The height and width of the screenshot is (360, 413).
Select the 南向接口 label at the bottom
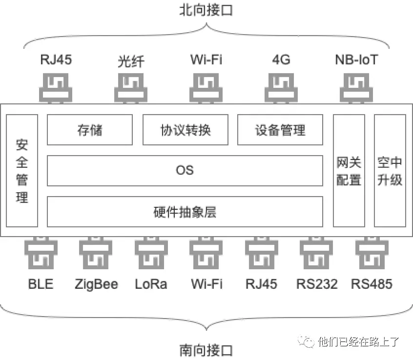[206, 350]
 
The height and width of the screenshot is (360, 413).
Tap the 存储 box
[90, 130]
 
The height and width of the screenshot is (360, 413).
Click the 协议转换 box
[185, 130]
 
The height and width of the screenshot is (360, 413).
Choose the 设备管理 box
[280, 130]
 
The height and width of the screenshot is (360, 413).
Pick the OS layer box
[185, 170]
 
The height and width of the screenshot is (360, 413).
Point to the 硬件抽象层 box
[185, 212]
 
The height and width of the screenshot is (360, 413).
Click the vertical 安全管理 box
[22, 171]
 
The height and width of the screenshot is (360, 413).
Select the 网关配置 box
[349, 171]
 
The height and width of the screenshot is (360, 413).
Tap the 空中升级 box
[390, 171]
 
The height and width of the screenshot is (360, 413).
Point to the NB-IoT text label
[356, 60]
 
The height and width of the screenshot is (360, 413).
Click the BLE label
[41, 284]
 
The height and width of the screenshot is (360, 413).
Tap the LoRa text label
[151, 284]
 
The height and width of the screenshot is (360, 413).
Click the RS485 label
[372, 284]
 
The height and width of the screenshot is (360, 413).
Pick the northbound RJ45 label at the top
[56, 60]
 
